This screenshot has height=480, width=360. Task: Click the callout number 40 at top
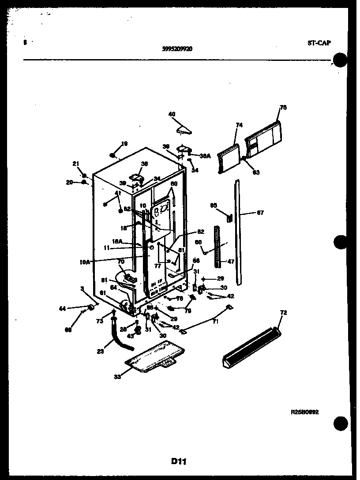[x=172, y=114]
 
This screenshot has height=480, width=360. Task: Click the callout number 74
[x=239, y=125]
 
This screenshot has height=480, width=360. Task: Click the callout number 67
[x=260, y=213]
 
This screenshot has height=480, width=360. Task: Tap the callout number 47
[x=231, y=262]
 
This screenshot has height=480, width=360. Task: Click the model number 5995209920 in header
[x=177, y=49]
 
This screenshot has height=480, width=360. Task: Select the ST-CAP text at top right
[x=319, y=43]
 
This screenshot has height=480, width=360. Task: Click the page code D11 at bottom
[x=178, y=461]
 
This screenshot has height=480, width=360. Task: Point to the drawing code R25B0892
[x=304, y=412]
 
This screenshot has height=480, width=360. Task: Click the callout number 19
[x=124, y=143]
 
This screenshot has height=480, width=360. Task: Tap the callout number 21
[x=75, y=164]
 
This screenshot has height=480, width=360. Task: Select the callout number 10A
[x=85, y=262]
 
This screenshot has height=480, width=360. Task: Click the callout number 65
[x=214, y=205]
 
